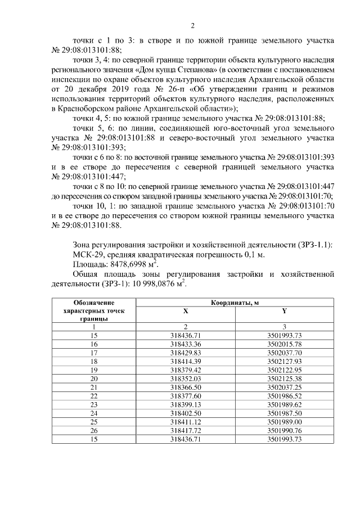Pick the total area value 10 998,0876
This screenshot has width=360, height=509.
click(149, 284)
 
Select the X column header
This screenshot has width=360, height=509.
click(186, 312)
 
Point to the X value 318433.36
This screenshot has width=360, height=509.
click(186, 343)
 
